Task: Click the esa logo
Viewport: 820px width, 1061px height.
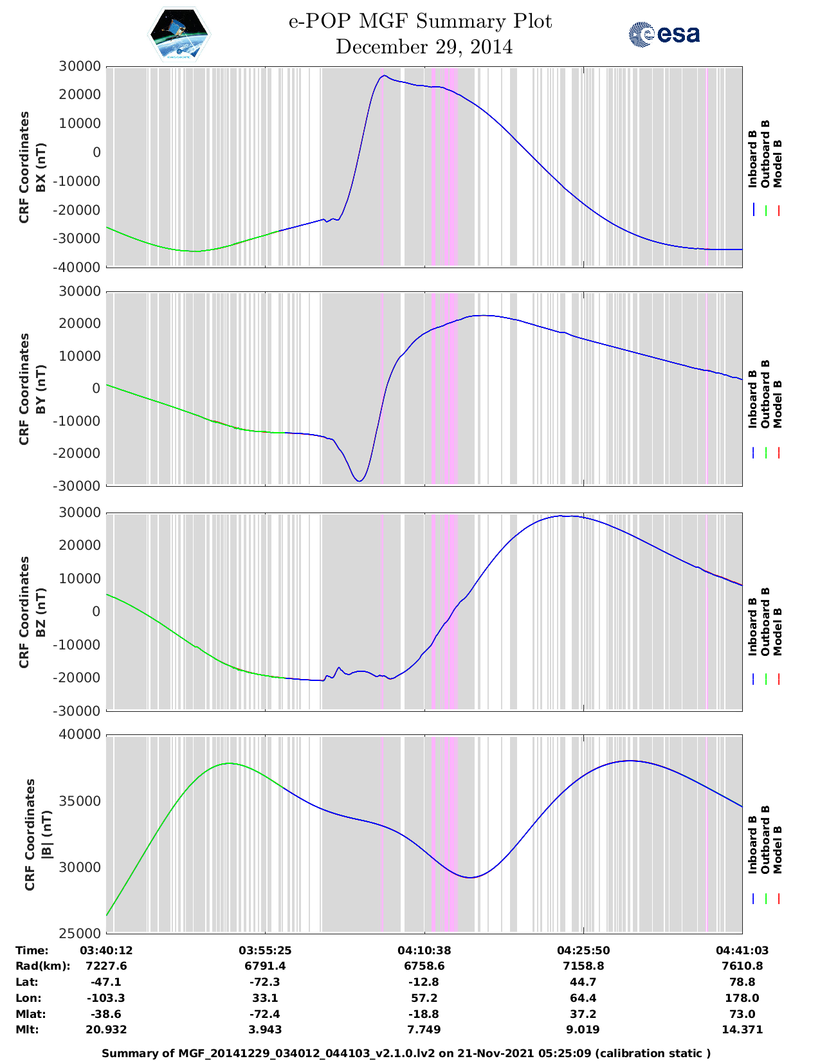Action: tap(664, 34)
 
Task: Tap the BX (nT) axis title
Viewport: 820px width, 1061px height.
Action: tap(41, 167)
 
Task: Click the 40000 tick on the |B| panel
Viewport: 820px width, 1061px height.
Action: tap(80, 734)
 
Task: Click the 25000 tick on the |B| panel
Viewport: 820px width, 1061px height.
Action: tap(80, 934)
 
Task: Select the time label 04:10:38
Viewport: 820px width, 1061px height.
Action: tap(424, 950)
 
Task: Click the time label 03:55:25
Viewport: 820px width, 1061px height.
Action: tap(265, 950)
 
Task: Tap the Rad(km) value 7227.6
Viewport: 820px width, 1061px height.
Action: tap(106, 966)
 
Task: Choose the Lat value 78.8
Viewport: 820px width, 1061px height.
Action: tap(742, 982)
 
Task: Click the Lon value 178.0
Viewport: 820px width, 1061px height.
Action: tap(742, 998)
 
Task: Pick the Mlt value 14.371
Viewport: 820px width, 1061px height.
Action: tap(742, 1029)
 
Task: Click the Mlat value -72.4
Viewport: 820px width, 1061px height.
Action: tap(265, 1014)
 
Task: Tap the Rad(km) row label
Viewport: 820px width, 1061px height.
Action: tap(42, 966)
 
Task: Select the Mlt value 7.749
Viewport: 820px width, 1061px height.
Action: tap(424, 1029)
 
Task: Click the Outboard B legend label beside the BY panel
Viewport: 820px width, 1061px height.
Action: tap(765, 394)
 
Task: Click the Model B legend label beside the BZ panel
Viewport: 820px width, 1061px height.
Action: tap(778, 631)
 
